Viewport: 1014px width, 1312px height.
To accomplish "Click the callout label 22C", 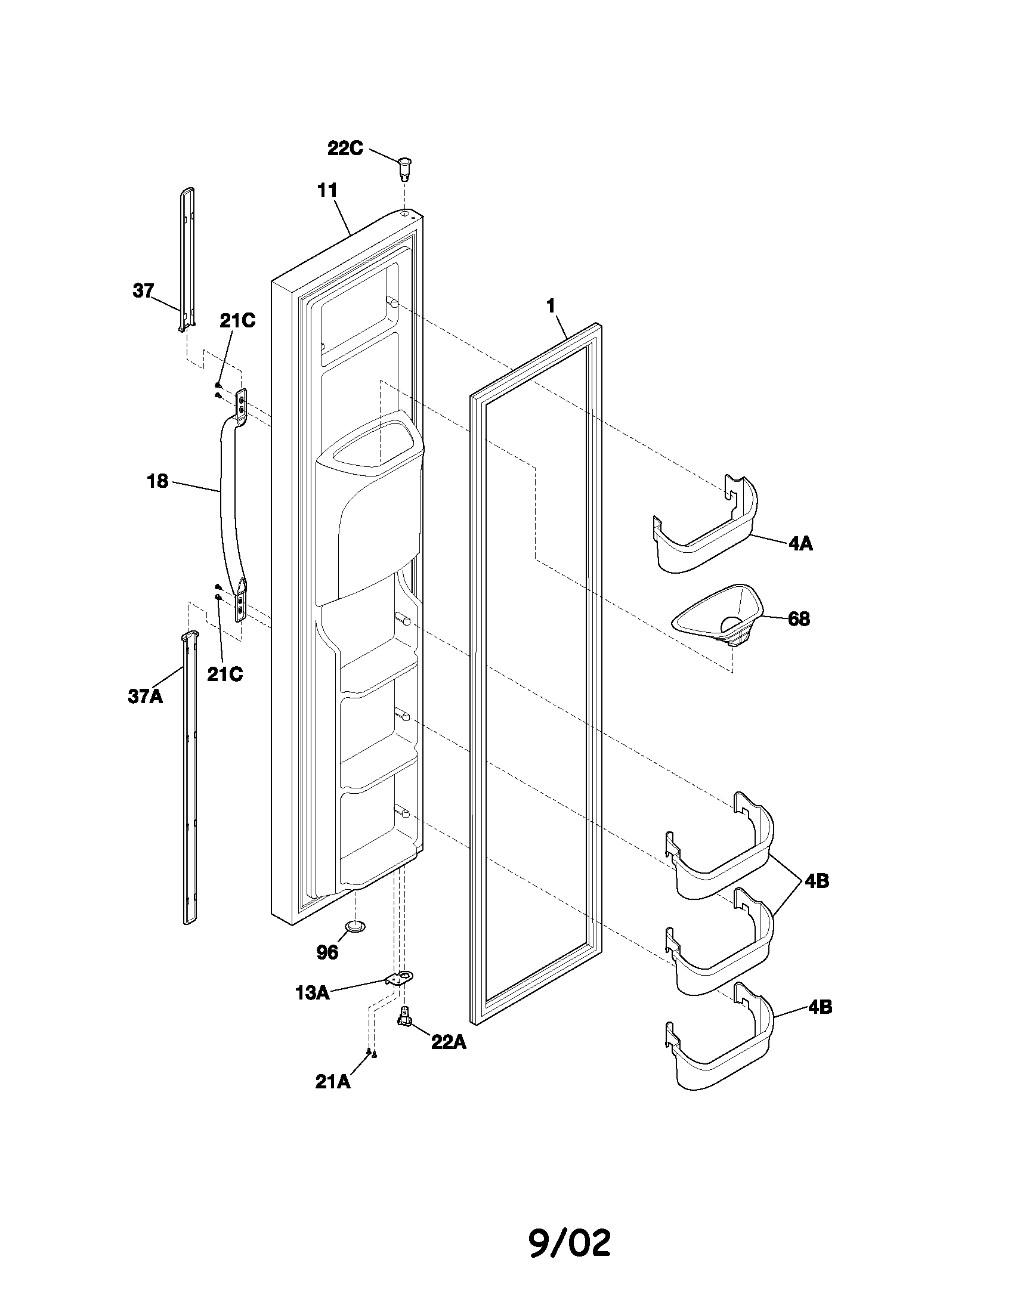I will pos(345,148).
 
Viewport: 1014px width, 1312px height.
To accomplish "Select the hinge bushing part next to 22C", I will pos(406,167).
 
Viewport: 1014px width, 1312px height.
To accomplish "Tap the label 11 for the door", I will pos(327,190).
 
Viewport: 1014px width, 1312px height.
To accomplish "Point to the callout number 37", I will pos(143,291).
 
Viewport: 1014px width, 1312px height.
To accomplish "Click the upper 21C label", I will pos(237,321).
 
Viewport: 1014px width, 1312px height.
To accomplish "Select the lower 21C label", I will pos(225,674).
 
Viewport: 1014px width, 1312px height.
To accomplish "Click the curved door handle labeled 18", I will pos(230,499).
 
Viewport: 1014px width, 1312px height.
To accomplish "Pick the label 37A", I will pos(146,696).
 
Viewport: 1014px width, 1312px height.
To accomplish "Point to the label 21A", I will pos(333,1081).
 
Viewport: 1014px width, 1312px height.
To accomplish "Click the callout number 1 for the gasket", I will pos(551,306).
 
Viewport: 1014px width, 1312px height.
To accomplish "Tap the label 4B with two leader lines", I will pos(817,881).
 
